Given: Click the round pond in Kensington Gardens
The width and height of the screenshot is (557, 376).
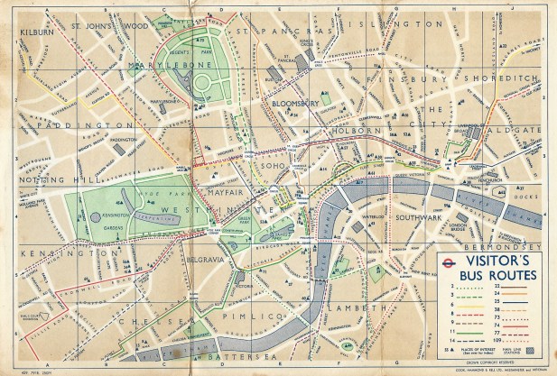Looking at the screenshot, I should point(97,217).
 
